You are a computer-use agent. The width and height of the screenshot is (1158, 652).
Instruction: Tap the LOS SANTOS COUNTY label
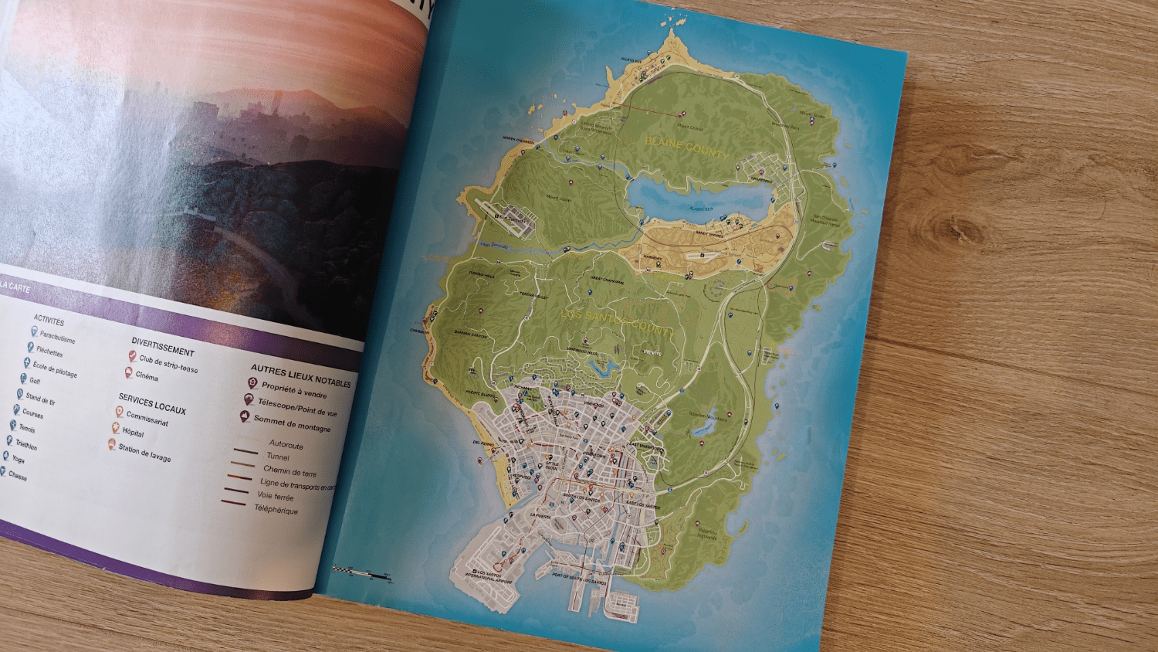pyautogui.click(x=616, y=322)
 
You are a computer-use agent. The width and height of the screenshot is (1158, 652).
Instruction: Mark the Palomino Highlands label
pyautogui.click(x=706, y=534)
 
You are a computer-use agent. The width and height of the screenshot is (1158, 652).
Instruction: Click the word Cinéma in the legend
pyautogui.click(x=147, y=376)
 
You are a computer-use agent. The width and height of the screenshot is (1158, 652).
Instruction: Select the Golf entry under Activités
pyautogui.click(x=35, y=381)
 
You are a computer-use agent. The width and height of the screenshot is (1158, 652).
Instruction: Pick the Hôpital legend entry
pyautogui.click(x=133, y=433)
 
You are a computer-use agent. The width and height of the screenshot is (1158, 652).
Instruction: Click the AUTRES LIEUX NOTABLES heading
pyautogui.click(x=300, y=376)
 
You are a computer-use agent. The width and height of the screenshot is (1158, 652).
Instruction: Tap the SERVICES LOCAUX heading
pyautogui.click(x=152, y=404)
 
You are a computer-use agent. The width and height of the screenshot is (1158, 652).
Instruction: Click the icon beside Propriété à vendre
pyautogui.click(x=252, y=383)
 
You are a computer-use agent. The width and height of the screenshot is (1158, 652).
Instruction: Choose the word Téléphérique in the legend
pyautogui.click(x=276, y=510)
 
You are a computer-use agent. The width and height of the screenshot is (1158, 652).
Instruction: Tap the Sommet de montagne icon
pyautogui.click(x=245, y=416)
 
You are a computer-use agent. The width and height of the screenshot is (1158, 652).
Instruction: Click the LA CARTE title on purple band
pyautogui.click(x=15, y=287)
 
